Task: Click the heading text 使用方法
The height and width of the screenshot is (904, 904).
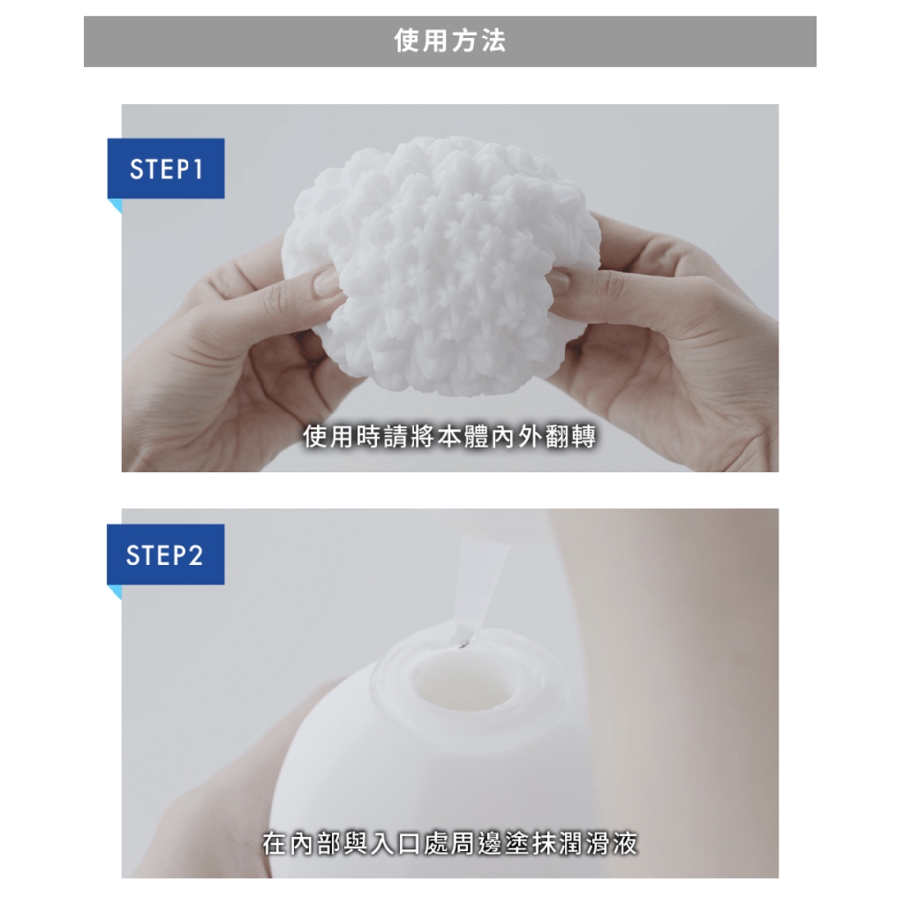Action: pyautogui.click(x=450, y=41)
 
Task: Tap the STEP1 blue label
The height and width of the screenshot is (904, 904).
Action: pyautogui.click(x=166, y=169)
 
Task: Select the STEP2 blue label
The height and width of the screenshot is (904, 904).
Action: pyautogui.click(x=166, y=554)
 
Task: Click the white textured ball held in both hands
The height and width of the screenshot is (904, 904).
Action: pyautogui.click(x=433, y=265)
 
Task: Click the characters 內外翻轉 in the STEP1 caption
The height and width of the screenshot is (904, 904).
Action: pyautogui.click(x=544, y=436)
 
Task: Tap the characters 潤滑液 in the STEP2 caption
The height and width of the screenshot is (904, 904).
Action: pyautogui.click(x=599, y=843)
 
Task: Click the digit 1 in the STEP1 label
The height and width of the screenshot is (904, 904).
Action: pyautogui.click(x=199, y=169)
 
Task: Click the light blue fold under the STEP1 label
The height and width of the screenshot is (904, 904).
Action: pyautogui.click(x=117, y=205)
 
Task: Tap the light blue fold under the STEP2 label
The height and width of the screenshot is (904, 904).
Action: pyautogui.click(x=117, y=591)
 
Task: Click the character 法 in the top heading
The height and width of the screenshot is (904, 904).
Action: pyautogui.click(x=493, y=41)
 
